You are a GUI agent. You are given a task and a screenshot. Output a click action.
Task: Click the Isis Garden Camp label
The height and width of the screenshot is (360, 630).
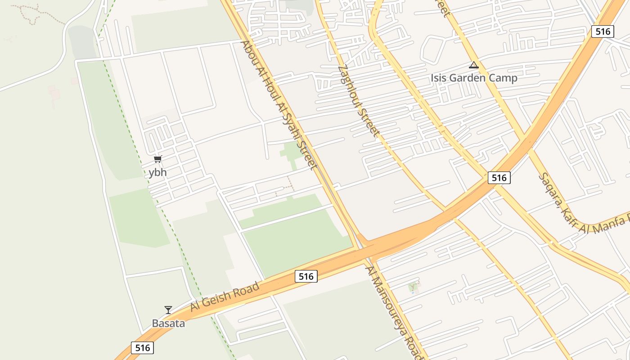[474, 78]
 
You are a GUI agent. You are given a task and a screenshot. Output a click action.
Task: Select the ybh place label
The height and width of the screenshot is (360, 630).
[157, 172]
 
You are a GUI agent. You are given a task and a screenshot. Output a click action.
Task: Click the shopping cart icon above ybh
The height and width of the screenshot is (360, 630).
[157, 159]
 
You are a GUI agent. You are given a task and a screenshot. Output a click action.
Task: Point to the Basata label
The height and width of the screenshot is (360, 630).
[168, 323]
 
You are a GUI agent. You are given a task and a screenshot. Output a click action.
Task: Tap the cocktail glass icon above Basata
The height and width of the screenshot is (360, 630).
[168, 310]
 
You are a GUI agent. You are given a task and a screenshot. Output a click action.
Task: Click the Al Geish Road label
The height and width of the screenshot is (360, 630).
[225, 297]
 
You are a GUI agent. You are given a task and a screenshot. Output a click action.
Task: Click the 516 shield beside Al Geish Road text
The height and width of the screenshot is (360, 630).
[306, 276]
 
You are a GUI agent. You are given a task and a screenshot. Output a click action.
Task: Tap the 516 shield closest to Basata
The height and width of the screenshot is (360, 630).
[142, 347]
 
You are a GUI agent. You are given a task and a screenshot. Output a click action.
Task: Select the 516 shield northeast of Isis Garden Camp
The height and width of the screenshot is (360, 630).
[603, 31]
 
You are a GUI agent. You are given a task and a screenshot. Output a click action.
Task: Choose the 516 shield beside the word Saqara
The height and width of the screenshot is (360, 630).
[499, 178]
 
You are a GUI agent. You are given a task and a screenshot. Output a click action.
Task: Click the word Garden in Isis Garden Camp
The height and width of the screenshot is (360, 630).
[474, 78]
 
